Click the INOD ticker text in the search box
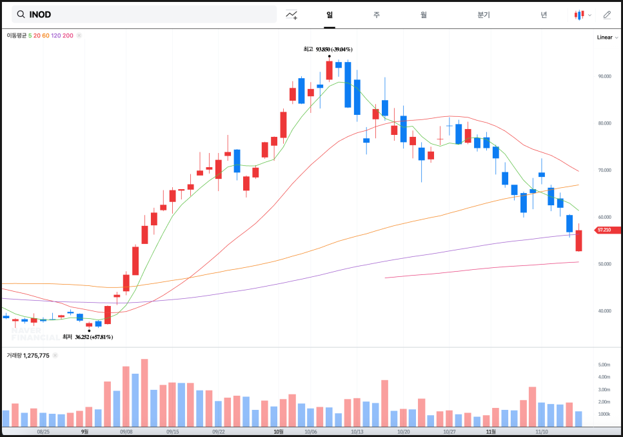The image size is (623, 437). coord(40,14)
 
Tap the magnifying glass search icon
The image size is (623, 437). coord(21,14)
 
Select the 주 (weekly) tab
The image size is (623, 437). coord(376,14)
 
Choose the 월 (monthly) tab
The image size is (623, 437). coord(423,14)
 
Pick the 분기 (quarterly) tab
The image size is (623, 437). coord(484,14)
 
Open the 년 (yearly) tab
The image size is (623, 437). coord(544,14)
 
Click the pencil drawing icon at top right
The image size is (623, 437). coord(606,14)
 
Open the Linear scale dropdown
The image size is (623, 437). coord(607,37)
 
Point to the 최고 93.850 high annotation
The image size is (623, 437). coord(328,49)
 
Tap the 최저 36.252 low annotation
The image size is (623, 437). coord(88,337)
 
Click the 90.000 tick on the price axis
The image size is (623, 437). coord(604,76)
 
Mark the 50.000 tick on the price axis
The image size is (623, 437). coord(604,264)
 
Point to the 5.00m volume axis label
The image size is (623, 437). coord(604,365)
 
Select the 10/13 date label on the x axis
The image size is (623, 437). coord(357,431)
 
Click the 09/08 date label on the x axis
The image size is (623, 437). coord(126,431)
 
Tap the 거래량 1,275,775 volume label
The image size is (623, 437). coord(28,355)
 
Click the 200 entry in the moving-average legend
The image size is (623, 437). coord(68,36)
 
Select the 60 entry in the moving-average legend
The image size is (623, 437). coord(46,36)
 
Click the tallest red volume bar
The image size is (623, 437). coord(144,392)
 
